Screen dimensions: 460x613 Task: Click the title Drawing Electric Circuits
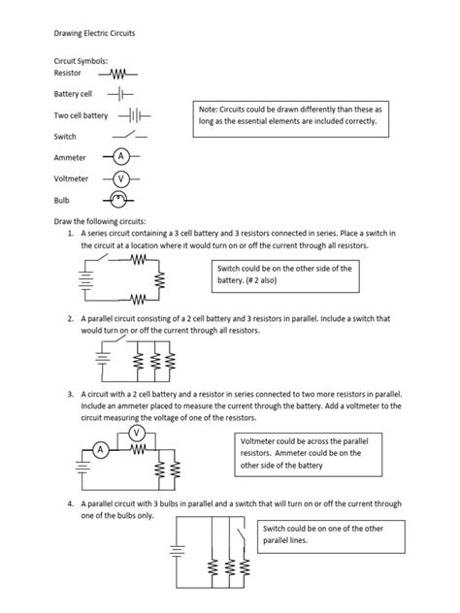pyautogui.click(x=94, y=33)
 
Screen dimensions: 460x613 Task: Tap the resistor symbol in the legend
pyautogui.click(x=118, y=74)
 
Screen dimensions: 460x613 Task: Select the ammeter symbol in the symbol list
pyautogui.click(x=121, y=156)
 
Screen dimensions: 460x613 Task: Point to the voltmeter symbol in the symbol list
pyautogui.click(x=121, y=179)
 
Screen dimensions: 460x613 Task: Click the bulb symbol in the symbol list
pyautogui.click(x=118, y=200)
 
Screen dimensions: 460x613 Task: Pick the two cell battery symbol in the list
pyautogui.click(x=134, y=115)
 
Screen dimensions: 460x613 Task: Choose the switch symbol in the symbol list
pyautogui.click(x=130, y=135)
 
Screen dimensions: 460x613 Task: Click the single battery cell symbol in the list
pyautogui.click(x=120, y=94)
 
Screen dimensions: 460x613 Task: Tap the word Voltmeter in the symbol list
pyautogui.click(x=71, y=178)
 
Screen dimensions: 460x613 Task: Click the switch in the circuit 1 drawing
pyautogui.click(x=102, y=258)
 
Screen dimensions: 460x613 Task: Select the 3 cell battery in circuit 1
pyautogui.click(x=85, y=280)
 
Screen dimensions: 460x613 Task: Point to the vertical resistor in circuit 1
pyautogui.click(x=159, y=280)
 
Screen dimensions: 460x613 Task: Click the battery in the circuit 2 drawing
pyautogui.click(x=103, y=358)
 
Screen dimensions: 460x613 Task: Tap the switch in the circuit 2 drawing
pyautogui.click(x=120, y=339)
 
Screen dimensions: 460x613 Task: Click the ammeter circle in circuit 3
pyautogui.click(x=101, y=450)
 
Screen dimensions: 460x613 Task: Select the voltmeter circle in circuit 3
pyautogui.click(x=137, y=433)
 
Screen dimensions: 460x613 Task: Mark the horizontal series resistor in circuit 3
pyautogui.click(x=138, y=450)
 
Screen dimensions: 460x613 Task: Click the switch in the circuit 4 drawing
pyautogui.click(x=242, y=535)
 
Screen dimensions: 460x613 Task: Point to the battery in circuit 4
pyautogui.click(x=177, y=551)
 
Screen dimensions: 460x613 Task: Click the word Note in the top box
pyautogui.click(x=208, y=110)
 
